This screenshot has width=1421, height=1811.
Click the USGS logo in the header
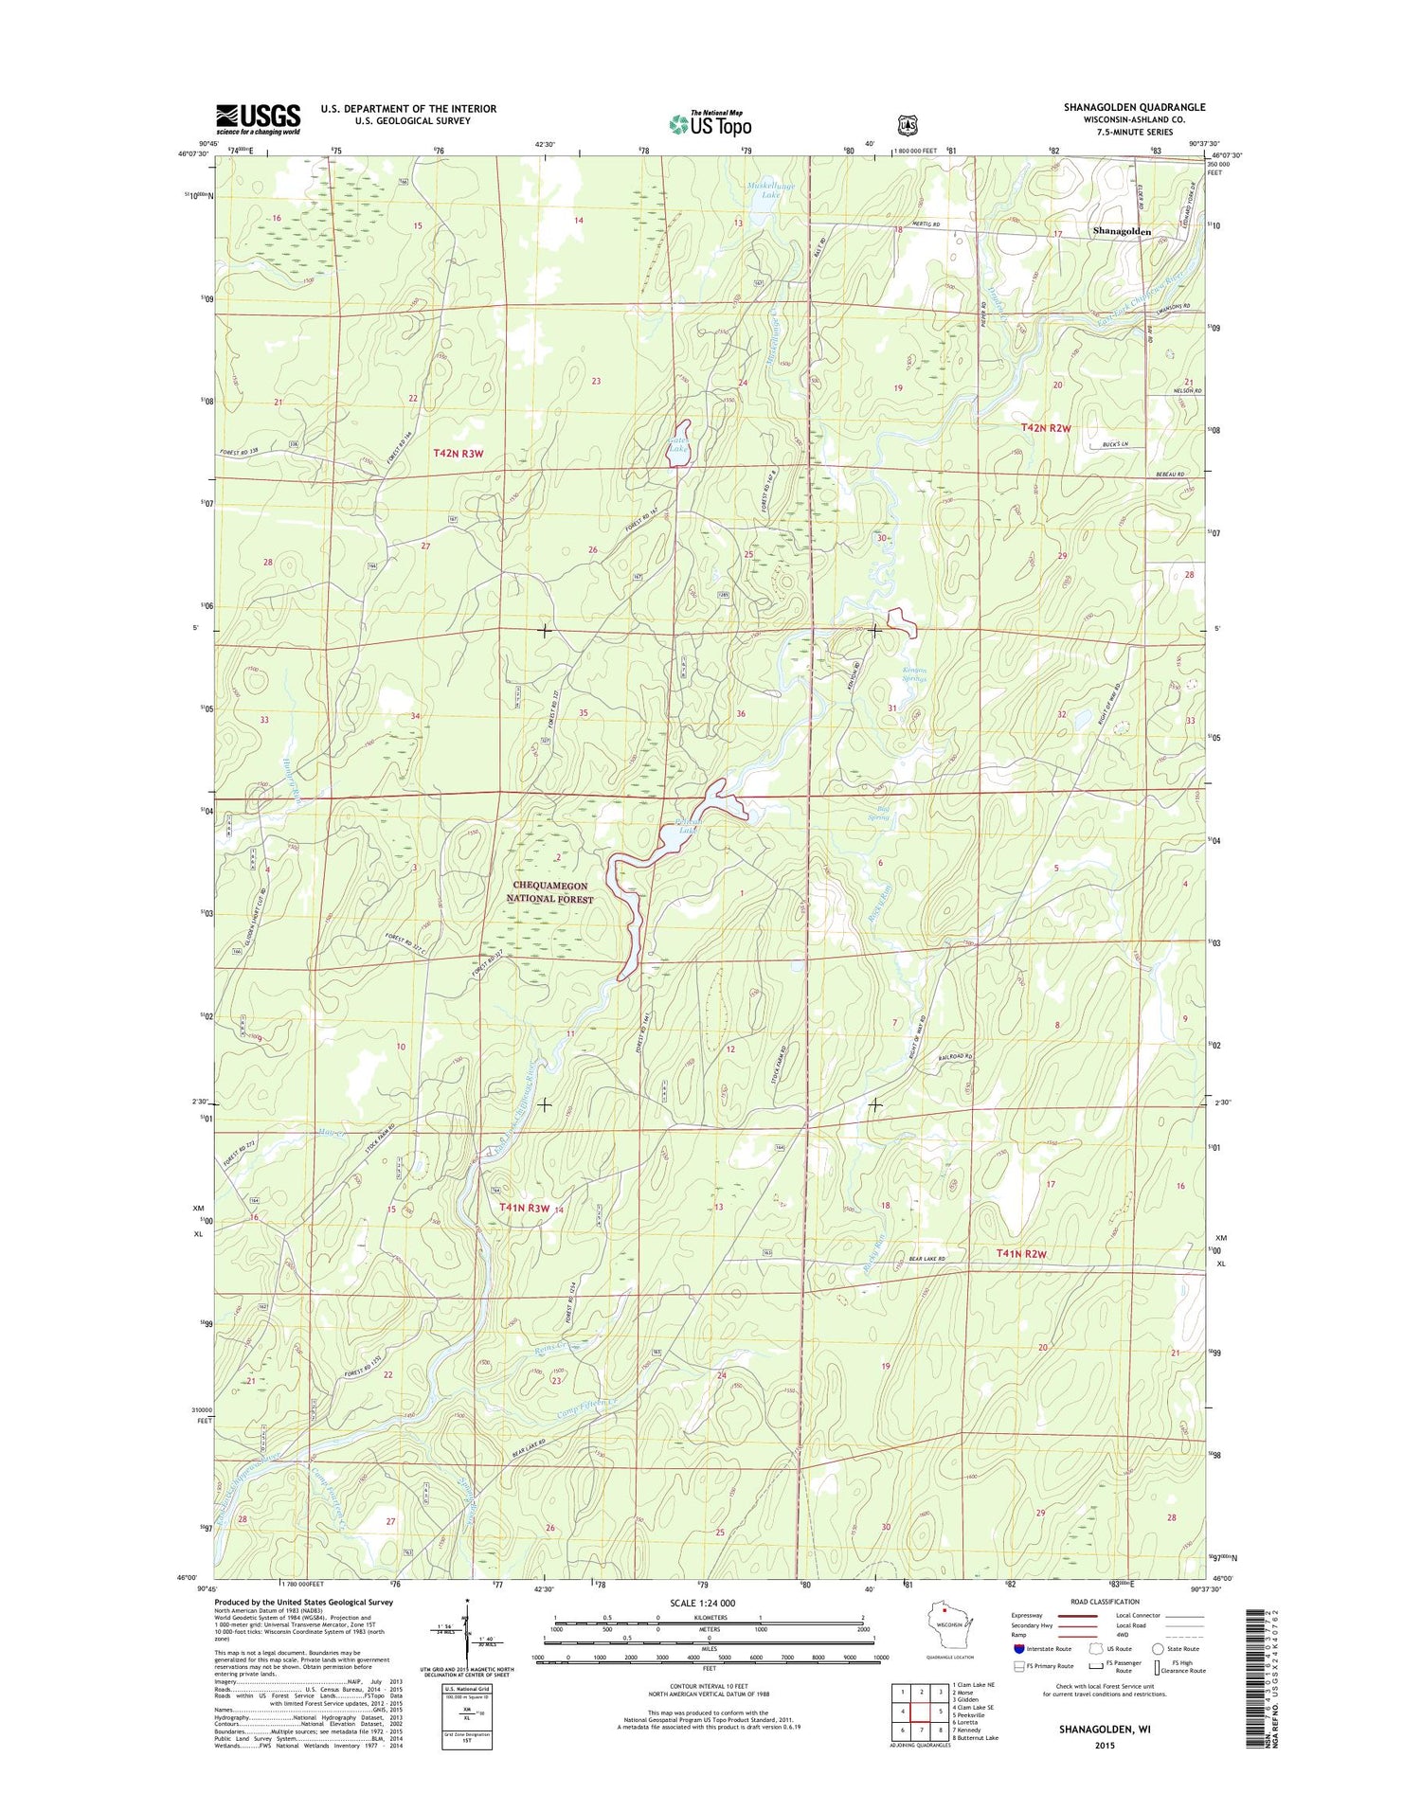point(258,118)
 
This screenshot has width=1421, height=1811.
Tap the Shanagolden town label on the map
point(1122,231)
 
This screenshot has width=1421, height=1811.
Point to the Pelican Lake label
point(680,825)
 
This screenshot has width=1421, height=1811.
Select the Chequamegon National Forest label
point(549,892)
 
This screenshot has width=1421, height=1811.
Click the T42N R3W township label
point(459,453)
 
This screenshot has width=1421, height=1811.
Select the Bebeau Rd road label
point(1169,474)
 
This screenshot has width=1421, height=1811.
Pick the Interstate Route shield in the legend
point(1019,1649)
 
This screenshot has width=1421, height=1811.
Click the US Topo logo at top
point(710,123)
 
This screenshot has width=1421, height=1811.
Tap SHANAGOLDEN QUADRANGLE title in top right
point(1134,107)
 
